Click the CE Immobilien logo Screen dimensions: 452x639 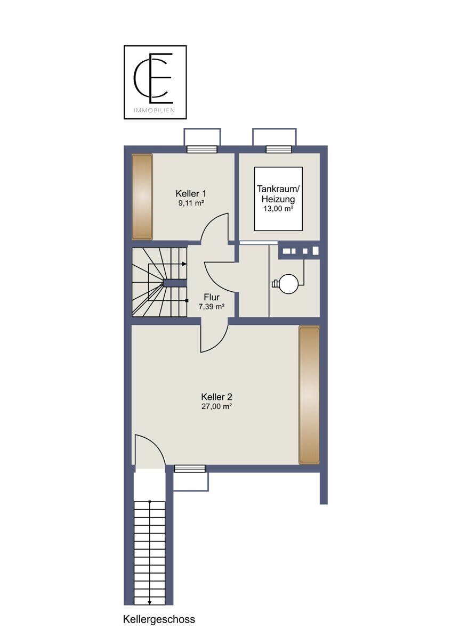tap(155, 82)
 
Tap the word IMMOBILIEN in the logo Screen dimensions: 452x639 tap(154, 110)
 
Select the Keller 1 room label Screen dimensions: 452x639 tap(191, 194)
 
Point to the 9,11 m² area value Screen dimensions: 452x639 tap(191, 203)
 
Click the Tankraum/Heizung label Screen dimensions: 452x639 tap(278, 194)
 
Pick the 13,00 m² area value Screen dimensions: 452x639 tap(278, 209)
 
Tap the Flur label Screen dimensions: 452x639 tap(212, 297)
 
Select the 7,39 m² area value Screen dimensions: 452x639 tap(212, 307)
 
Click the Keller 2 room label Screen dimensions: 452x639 tap(216, 397)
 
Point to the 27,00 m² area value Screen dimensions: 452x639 tap(216, 406)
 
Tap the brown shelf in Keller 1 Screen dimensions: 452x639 tap(142, 197)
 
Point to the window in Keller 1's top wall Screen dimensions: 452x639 tap(202, 149)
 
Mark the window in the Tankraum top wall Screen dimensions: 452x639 tap(279, 149)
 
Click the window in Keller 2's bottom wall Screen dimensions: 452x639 tap(190, 469)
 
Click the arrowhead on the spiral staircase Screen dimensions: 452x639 tap(184, 264)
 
